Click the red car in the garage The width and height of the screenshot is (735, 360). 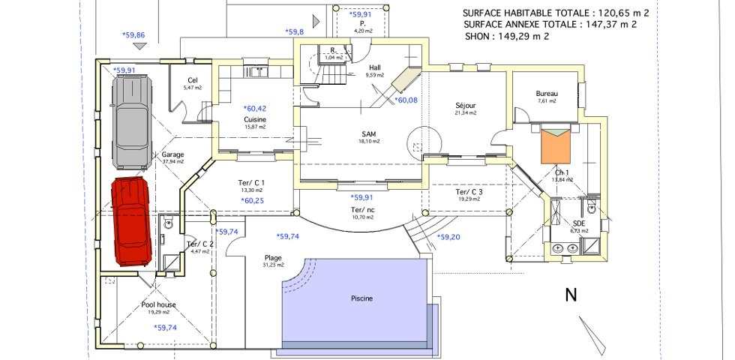[x=132, y=221]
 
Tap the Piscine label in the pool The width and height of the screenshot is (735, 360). [x=361, y=298]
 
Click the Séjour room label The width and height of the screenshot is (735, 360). [x=466, y=105]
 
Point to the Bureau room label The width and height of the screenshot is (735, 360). [x=547, y=94]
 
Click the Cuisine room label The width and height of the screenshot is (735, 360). [x=255, y=119]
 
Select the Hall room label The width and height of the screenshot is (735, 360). [x=375, y=67]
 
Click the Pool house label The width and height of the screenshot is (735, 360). [x=158, y=305]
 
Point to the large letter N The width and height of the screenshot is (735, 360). [x=571, y=295]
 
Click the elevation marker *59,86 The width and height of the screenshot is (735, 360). [x=133, y=34]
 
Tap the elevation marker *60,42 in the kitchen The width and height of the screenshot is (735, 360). [x=255, y=108]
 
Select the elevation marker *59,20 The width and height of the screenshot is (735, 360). [x=448, y=237]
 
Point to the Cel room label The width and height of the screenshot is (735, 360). [x=193, y=81]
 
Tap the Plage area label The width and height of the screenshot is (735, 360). [x=252, y=257]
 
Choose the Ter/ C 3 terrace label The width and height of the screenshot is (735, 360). [x=469, y=192]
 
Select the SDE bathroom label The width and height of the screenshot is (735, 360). [x=579, y=223]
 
